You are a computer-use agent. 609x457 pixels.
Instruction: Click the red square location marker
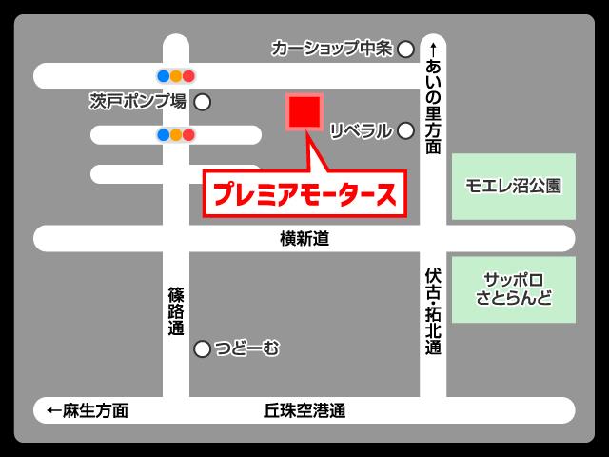pos(305,111)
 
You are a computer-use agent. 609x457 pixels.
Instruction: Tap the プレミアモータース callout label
pos(304,193)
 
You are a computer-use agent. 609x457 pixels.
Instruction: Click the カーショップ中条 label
pos(332,49)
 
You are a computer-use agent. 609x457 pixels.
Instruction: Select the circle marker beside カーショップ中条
pos(405,49)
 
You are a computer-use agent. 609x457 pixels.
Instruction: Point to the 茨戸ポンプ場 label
pos(138,101)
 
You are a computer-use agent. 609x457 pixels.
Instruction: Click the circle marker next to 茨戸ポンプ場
pos(202,102)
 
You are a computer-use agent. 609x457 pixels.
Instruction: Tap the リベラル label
pos(361,130)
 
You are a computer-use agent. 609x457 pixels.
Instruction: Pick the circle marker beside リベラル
pos(405,130)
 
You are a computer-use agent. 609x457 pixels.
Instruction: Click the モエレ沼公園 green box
pos(513,186)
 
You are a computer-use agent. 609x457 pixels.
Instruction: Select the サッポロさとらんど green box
pos(513,288)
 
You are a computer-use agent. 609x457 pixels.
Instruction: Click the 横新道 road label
pos(304,239)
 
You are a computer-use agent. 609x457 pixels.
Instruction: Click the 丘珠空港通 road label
pos(304,411)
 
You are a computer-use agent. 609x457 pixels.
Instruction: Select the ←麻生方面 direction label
pos(87,411)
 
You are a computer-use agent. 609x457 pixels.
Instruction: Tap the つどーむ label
pos(246,349)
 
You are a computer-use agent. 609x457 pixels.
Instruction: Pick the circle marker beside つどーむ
pos(202,349)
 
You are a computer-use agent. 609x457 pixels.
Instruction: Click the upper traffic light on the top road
pos(176,75)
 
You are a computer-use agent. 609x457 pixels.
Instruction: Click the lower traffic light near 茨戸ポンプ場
pos(176,134)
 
